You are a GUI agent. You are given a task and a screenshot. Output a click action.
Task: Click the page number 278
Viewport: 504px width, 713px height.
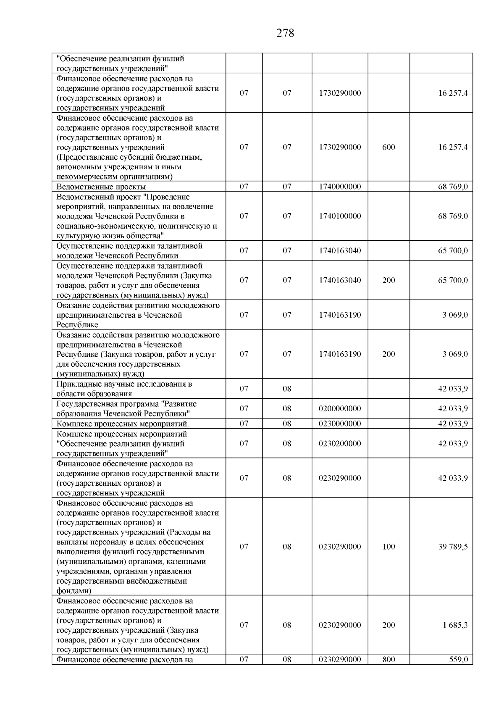click(x=285, y=33)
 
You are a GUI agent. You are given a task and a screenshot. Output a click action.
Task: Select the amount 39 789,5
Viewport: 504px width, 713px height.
click(x=453, y=547)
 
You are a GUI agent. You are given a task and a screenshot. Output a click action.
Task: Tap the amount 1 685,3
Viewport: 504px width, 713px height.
click(x=455, y=625)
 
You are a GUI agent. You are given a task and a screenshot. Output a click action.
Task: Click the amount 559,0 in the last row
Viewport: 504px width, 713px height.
click(x=458, y=660)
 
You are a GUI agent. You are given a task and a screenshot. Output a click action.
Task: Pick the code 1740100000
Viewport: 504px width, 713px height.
click(x=340, y=216)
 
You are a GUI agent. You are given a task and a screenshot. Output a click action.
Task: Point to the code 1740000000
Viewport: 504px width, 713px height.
click(x=340, y=187)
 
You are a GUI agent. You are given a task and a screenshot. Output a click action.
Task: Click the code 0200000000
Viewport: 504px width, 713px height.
click(x=340, y=408)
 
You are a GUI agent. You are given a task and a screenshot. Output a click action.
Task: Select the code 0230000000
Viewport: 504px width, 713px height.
click(x=340, y=424)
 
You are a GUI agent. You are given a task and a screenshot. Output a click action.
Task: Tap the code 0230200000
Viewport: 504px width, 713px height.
click(x=340, y=443)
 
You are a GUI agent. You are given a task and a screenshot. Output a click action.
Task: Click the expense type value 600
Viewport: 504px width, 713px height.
click(x=388, y=147)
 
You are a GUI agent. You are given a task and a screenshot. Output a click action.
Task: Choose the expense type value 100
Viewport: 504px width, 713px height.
click(x=388, y=547)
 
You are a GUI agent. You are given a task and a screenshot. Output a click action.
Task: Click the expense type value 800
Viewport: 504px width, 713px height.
click(x=388, y=660)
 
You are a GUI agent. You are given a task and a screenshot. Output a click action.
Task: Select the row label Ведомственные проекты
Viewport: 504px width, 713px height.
click(x=101, y=187)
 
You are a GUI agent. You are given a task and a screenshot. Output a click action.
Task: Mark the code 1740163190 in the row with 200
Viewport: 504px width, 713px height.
click(x=340, y=354)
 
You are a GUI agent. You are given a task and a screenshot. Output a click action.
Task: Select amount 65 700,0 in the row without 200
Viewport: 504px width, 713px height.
click(x=453, y=251)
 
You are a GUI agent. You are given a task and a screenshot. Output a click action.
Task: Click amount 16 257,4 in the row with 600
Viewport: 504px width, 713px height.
click(x=453, y=147)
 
